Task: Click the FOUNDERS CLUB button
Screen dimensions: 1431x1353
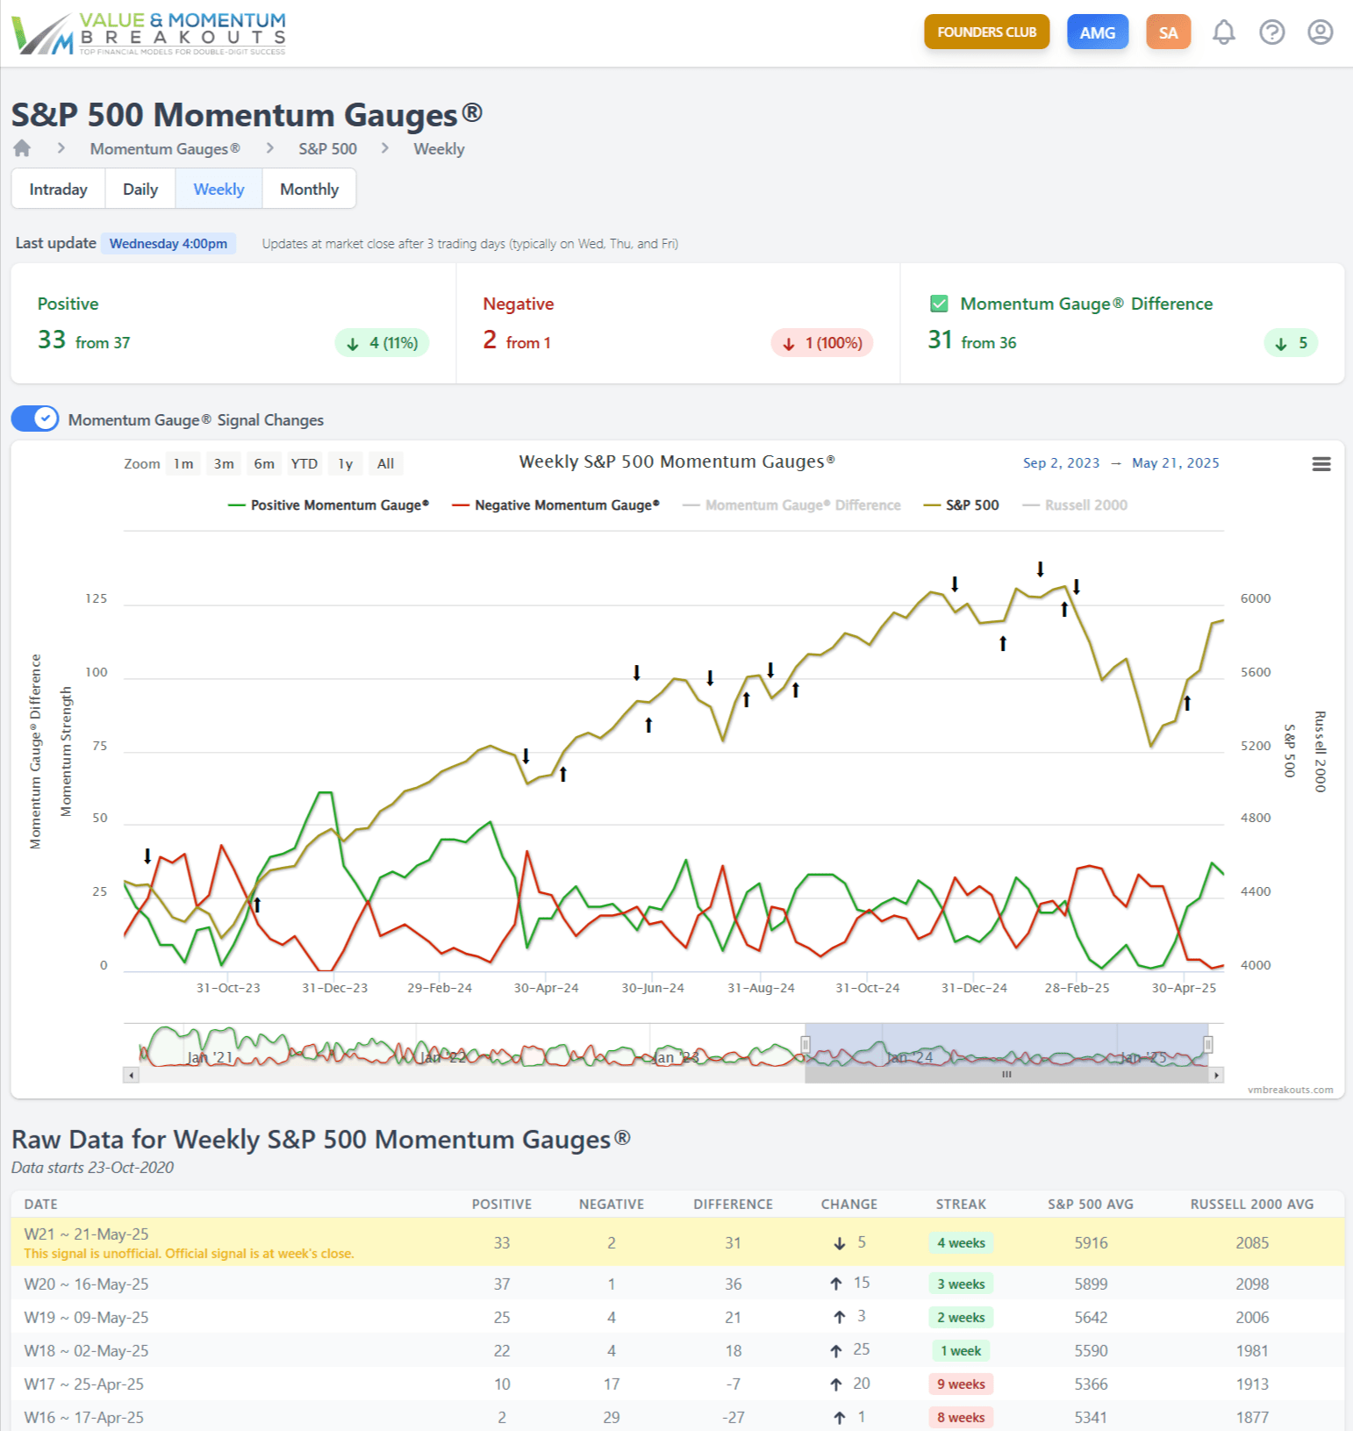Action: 986,32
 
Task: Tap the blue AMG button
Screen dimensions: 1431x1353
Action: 1097,32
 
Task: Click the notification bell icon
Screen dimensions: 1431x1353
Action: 1223,32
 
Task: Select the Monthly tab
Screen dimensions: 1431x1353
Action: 309,190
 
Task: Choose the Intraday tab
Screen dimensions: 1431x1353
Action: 58,190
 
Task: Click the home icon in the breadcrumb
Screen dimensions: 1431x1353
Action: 22,148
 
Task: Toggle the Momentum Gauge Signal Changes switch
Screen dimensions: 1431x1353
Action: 35,419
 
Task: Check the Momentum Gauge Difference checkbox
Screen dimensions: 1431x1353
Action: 939,304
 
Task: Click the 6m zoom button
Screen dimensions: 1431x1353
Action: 264,464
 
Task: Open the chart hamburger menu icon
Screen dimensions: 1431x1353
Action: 1321,464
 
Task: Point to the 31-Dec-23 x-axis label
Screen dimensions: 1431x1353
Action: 334,988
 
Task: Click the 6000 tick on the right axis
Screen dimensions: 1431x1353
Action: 1255,598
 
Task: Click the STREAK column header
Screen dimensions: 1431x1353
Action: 960,1205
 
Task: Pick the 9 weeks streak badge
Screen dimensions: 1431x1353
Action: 960,1384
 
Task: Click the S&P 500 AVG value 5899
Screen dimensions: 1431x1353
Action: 1091,1284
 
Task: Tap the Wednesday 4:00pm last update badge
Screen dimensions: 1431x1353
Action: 168,244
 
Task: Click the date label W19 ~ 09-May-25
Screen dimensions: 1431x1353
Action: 86,1318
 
